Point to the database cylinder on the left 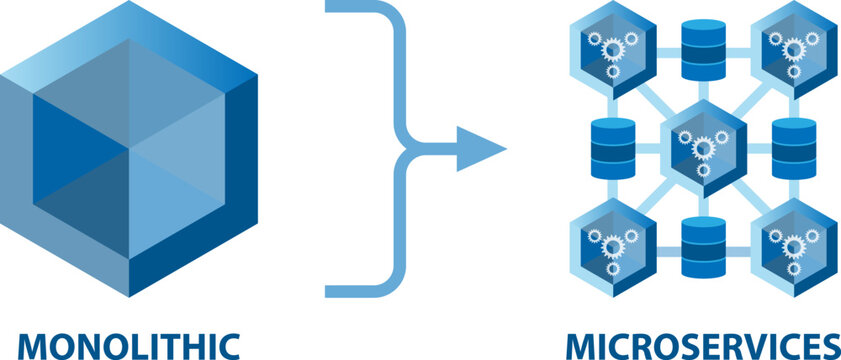[x=613, y=148]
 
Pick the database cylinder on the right [x=794, y=148]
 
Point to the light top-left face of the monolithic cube [x=40, y=80]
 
